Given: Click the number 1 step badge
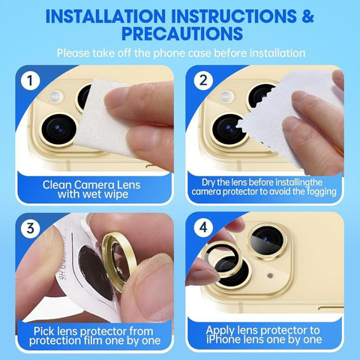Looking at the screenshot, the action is pyautogui.click(x=31, y=81).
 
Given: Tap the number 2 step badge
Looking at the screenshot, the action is pyautogui.click(x=203, y=80).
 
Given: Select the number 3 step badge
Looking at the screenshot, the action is pyautogui.click(x=31, y=228).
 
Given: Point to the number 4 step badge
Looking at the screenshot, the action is pyautogui.click(x=203, y=227).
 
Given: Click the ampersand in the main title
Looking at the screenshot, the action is pyautogui.click(x=307, y=16).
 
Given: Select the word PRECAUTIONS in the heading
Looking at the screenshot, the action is pyautogui.click(x=182, y=33).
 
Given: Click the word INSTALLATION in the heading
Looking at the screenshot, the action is pyautogui.click(x=106, y=16).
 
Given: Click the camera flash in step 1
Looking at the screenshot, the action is pyautogui.click(x=56, y=96).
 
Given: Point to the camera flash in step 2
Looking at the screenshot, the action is pyautogui.click(x=226, y=96).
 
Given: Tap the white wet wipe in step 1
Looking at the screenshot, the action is pyautogui.click(x=105, y=118).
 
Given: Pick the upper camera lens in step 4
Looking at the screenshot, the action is pyautogui.click(x=266, y=241).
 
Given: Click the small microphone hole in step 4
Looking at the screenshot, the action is pyautogui.click(x=270, y=275).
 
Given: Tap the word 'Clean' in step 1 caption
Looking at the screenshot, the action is pyautogui.click(x=57, y=185).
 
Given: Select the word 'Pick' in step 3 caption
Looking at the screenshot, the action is pyautogui.click(x=44, y=331).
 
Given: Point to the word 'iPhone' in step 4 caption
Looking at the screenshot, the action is pyautogui.click(x=221, y=340).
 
